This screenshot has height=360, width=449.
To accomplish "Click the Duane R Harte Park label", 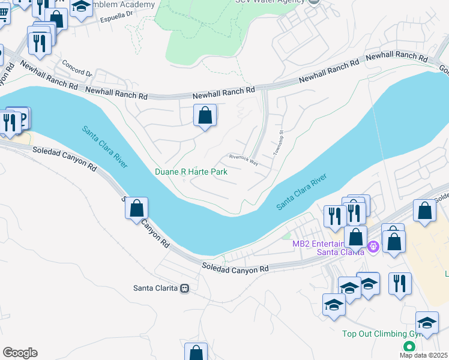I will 191,172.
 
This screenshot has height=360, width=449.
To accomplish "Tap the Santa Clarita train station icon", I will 185,288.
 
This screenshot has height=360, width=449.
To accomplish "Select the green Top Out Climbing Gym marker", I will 409,347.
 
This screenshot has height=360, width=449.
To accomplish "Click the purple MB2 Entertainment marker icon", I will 372,247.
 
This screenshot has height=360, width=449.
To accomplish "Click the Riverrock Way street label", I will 243,159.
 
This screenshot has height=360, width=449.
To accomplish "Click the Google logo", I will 20,353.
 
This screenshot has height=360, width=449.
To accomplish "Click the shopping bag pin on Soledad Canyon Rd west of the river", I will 137,208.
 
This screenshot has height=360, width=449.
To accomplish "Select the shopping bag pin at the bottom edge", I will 196,352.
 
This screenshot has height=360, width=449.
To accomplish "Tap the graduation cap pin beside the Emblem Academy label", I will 80,7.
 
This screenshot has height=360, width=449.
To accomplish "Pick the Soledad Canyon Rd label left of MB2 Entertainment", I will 235,268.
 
